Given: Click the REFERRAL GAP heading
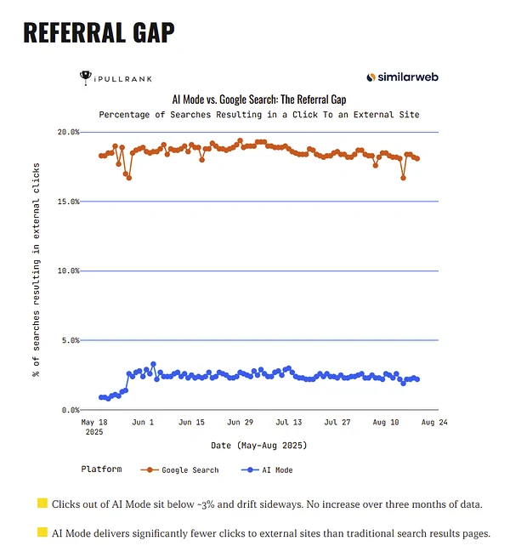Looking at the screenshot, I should [99, 32].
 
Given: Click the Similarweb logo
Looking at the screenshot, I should [402, 77].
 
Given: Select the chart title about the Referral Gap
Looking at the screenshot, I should [258, 100].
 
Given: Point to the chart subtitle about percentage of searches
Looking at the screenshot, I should [258, 114].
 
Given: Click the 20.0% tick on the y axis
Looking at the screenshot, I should [69, 132].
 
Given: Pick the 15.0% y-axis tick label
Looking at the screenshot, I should [69, 202].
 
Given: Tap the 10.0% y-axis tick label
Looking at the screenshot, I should [69, 270].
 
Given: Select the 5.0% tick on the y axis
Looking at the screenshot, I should [71, 340].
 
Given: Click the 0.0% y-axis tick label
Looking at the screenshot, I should [71, 410].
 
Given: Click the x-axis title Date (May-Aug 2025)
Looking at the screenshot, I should [258, 445].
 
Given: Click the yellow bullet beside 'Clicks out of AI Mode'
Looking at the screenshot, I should [42, 504].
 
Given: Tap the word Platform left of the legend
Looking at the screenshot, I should [101, 469].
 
